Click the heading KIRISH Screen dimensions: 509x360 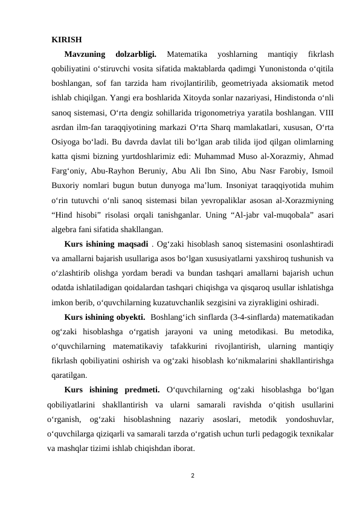67,41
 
